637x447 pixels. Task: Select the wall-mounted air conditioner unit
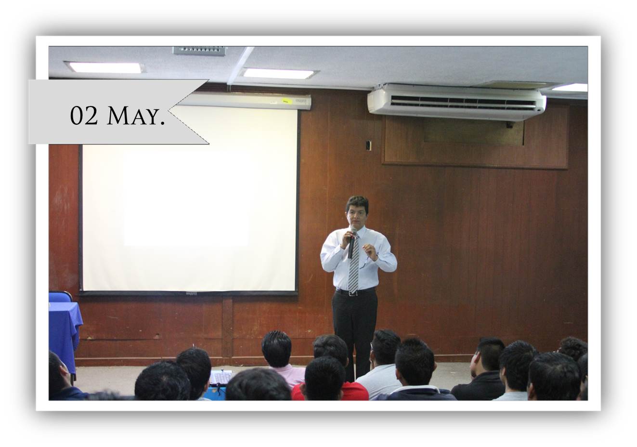[456, 102]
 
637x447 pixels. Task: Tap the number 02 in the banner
[84, 116]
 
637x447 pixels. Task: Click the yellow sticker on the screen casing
[286, 101]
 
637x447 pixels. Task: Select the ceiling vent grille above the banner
[200, 51]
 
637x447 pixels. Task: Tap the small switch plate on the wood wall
[368, 145]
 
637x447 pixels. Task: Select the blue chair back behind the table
[60, 297]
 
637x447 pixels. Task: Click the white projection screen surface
[189, 199]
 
